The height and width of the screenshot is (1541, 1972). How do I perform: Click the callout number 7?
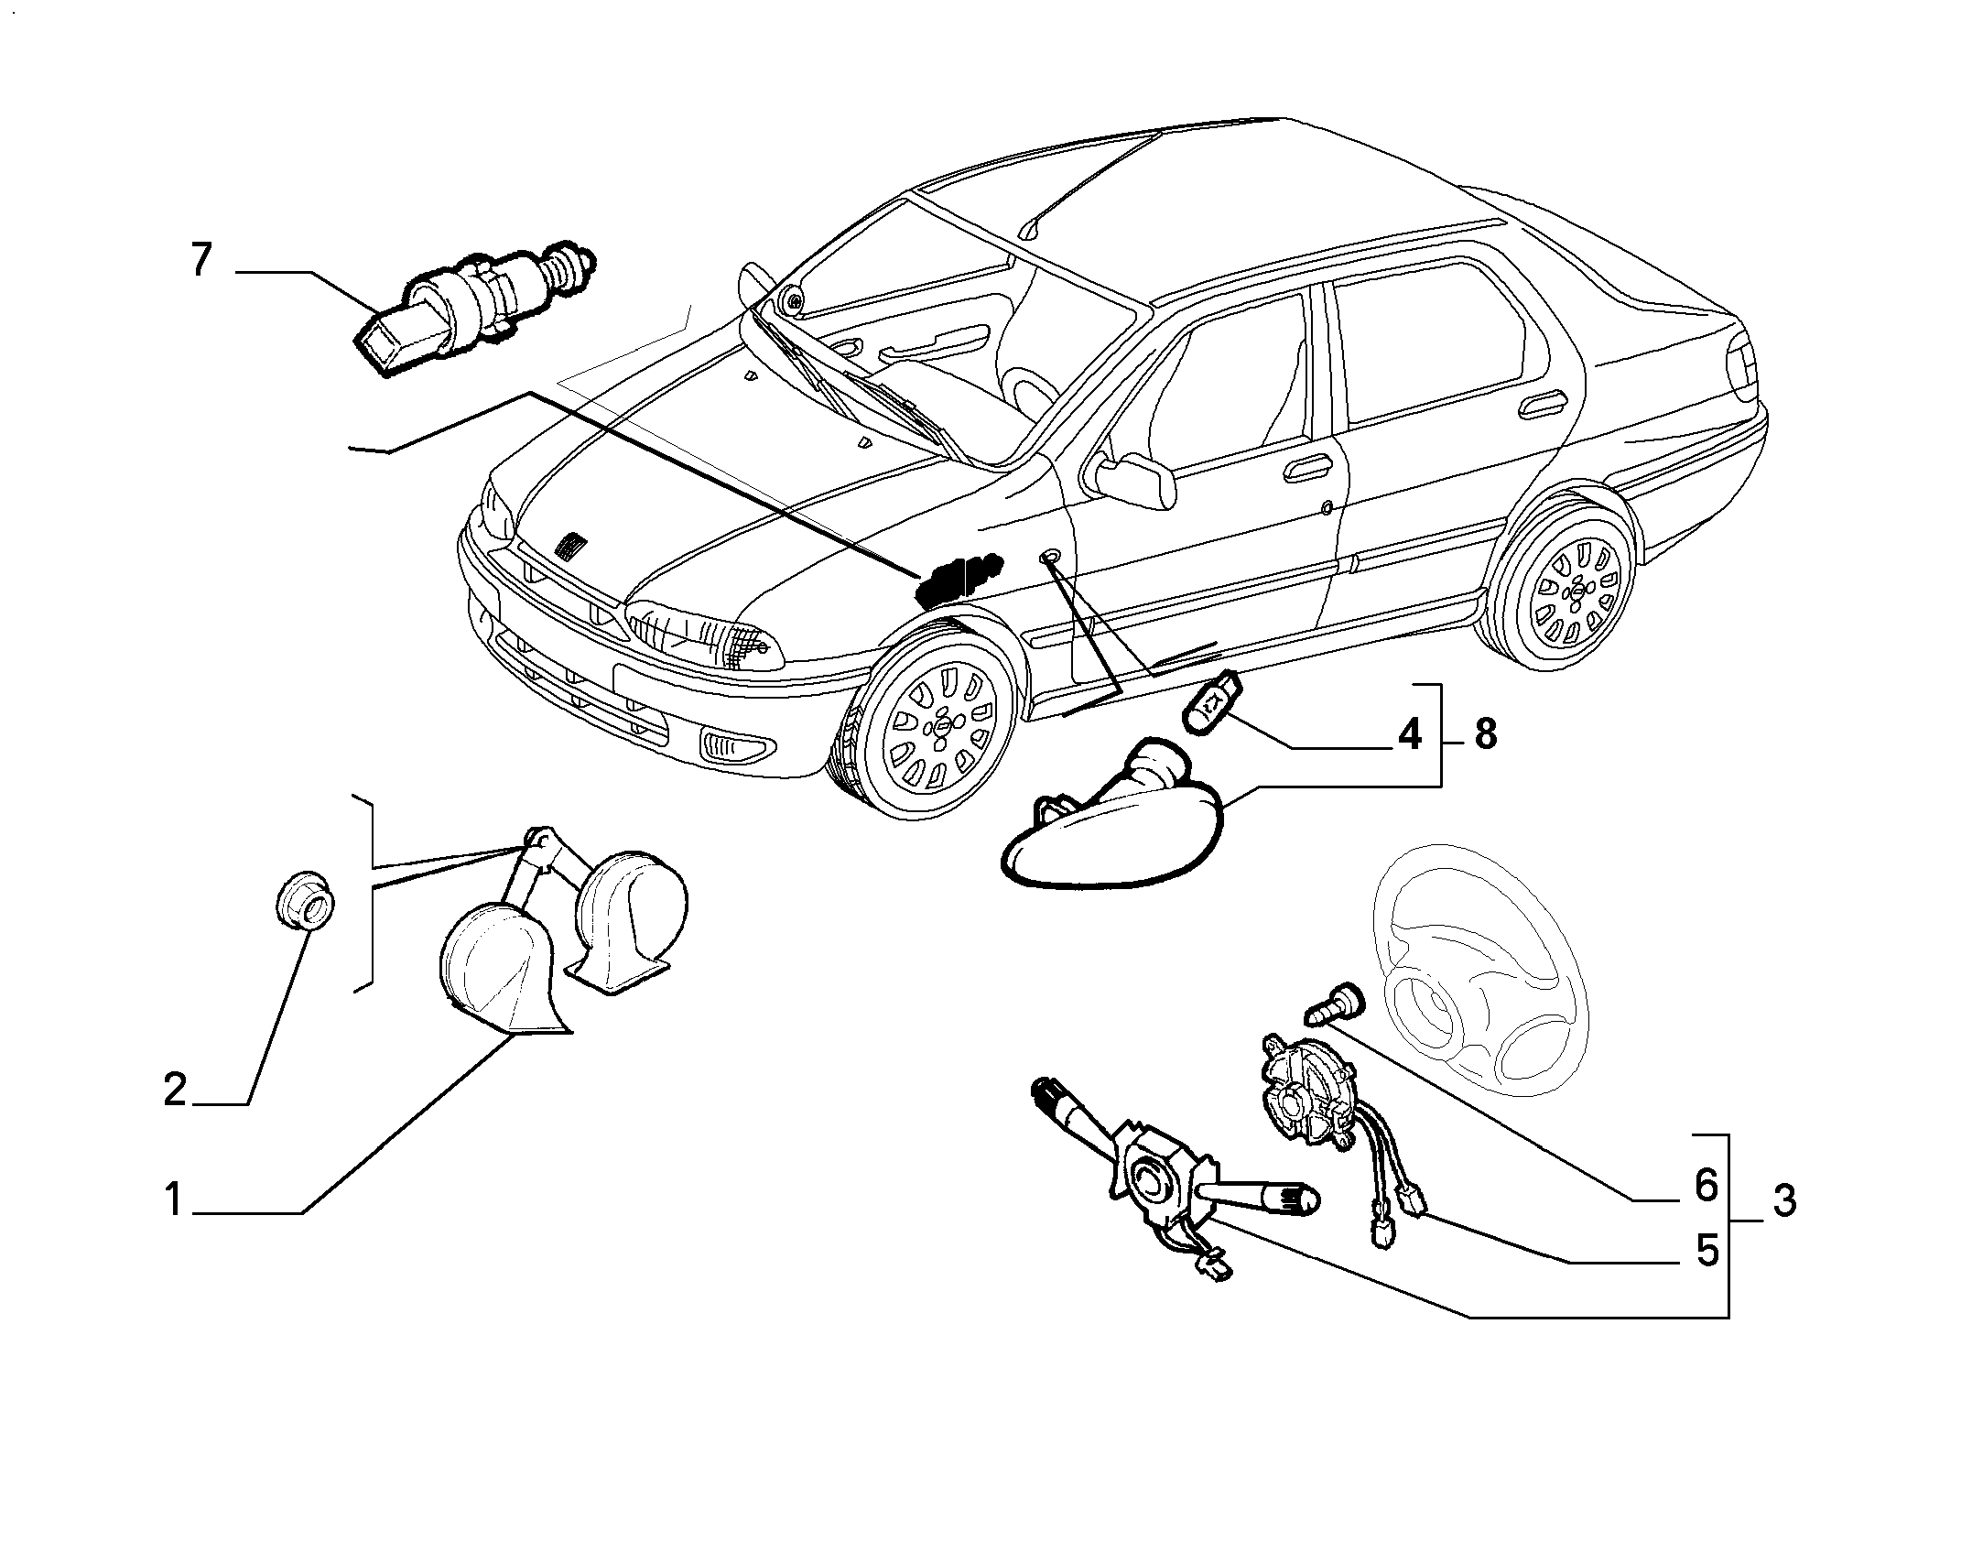point(201,261)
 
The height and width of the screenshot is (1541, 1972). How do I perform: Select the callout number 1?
point(174,1200)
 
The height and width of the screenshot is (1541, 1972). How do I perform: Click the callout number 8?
point(1485,733)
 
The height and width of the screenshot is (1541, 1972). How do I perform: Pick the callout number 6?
point(1706,1186)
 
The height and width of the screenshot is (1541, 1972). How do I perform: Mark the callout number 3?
point(1784,1200)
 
